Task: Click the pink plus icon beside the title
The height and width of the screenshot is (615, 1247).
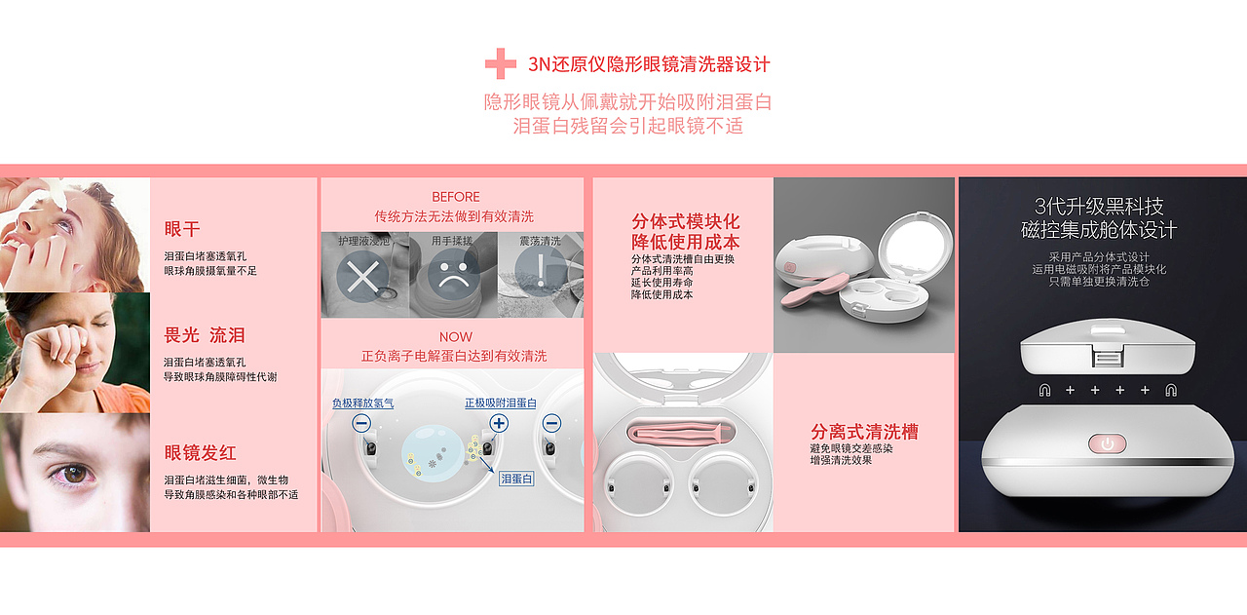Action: pos(501,64)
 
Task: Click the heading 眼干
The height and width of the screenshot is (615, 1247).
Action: pos(182,229)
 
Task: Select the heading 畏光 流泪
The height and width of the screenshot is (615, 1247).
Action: pos(205,335)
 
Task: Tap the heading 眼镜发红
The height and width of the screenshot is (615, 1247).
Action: pos(200,453)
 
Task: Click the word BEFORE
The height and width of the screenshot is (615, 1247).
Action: pos(455,197)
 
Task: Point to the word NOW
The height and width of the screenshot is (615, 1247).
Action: pos(455,337)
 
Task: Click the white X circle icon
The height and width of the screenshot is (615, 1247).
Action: pos(362,278)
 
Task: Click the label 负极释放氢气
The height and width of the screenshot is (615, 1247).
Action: pos(362,403)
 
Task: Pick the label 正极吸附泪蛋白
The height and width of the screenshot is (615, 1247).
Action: pos(500,403)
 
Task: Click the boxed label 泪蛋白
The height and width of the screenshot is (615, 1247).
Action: pos(516,479)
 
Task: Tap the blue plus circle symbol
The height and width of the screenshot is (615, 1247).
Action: pos(499,423)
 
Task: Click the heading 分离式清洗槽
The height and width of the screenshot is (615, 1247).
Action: pos(864,432)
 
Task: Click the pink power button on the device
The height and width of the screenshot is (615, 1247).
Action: pos(1106,444)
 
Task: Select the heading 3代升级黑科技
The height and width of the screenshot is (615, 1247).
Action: pos(1099,207)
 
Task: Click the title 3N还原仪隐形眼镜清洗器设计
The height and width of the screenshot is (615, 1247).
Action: pos(649,64)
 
